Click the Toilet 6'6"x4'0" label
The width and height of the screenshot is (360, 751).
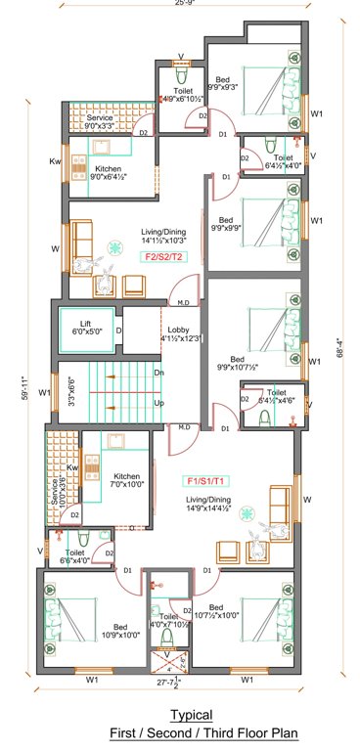[x=76, y=556]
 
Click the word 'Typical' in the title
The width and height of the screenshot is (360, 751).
[x=191, y=716]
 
